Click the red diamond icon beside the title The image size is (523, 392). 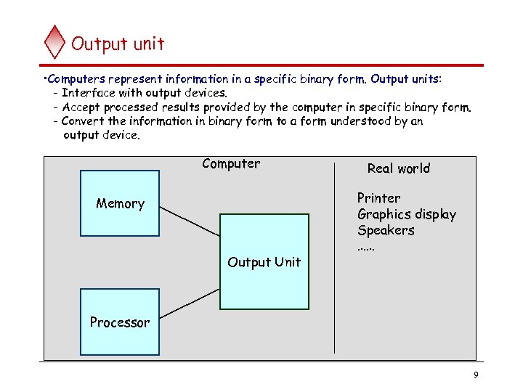(54, 42)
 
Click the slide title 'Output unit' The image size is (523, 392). (118, 44)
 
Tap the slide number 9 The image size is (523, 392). (475, 375)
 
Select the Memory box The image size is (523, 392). (120, 203)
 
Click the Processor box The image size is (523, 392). (120, 322)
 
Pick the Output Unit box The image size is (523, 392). (264, 262)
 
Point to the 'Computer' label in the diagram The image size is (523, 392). (231, 163)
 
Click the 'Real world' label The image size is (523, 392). (398, 168)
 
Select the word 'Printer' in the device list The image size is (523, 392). (378, 198)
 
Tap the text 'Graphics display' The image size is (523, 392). (407, 214)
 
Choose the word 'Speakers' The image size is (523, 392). (386, 230)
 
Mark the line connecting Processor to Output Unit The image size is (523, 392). (189, 303)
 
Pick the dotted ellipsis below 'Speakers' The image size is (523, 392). (366, 248)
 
